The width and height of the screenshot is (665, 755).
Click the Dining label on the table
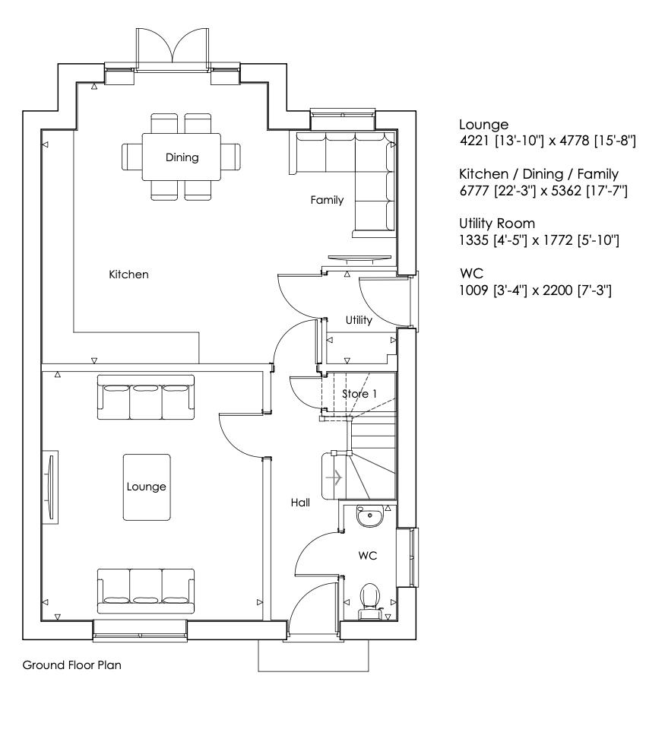[182, 157]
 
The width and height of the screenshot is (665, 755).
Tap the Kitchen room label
[128, 274]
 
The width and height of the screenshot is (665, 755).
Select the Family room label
[327, 201]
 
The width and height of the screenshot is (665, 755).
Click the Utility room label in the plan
[359, 320]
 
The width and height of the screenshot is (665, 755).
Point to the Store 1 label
[359, 394]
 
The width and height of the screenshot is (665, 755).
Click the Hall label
[299, 503]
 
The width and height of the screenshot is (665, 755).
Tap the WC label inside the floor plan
[368, 556]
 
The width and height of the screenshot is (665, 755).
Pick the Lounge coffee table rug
[147, 487]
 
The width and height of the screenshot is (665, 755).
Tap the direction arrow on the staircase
[335, 477]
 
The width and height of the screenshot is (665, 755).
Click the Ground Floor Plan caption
[71, 665]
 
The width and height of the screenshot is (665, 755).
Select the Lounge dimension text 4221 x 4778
[547, 141]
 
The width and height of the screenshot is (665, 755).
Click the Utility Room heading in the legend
[496, 224]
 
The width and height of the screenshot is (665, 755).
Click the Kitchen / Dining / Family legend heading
[538, 174]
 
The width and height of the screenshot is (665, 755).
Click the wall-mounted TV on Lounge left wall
[51, 487]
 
